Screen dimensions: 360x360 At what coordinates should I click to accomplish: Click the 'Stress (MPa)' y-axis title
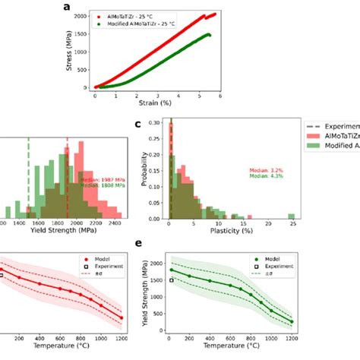coord(72,52)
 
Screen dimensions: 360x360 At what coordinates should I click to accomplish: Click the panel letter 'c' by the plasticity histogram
coord(137,125)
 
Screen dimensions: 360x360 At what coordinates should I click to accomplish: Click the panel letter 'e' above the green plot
coord(137,244)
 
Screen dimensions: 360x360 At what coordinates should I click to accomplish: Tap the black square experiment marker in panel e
coord(172,280)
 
